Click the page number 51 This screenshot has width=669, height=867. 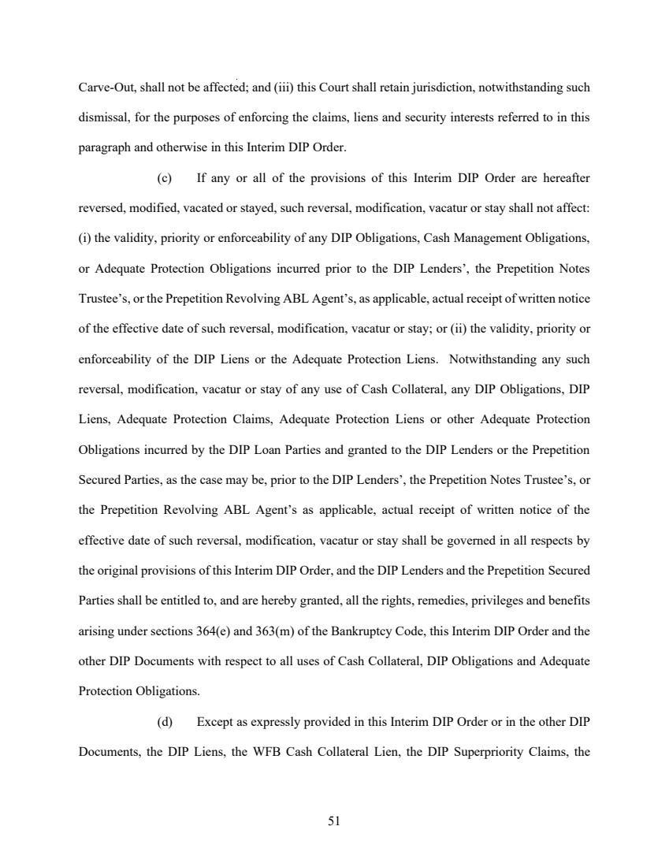pyautogui.click(x=334, y=820)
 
